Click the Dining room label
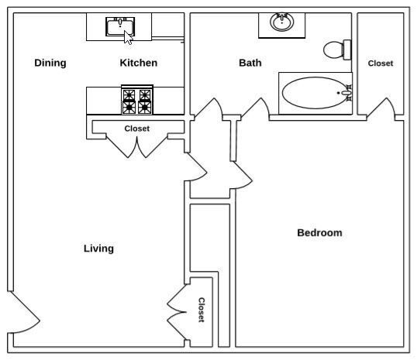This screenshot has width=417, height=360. coord(50,63)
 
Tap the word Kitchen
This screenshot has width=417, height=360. coord(139,63)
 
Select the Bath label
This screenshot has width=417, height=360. coord(250,63)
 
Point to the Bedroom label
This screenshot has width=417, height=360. coord(319,233)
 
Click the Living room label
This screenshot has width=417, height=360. coord(98,249)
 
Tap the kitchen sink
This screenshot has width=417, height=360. coord(119,26)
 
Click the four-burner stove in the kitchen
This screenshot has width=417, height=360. coord(136,101)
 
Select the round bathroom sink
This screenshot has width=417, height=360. coord(281,22)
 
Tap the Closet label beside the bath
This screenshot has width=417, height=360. coord(381,63)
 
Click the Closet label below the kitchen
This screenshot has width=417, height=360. coord(137,129)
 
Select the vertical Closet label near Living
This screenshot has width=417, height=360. coord(202,310)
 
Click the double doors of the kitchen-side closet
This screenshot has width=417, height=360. coord(138,145)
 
